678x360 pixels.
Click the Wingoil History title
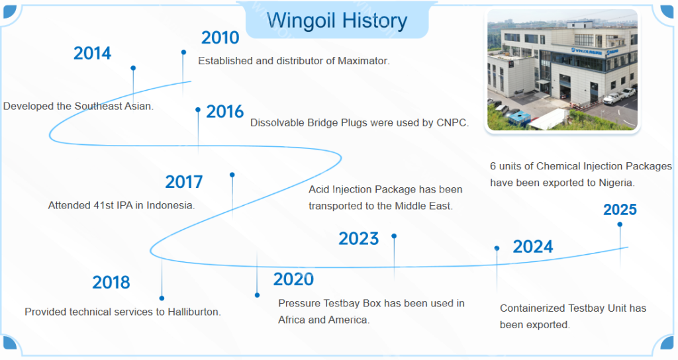click(337, 21)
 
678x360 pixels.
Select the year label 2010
click(220, 38)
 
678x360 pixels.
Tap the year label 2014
click(92, 54)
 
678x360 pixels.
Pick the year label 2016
click(225, 112)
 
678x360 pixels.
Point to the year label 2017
click(184, 182)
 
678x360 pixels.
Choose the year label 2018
click(111, 283)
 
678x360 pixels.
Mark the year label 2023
click(359, 239)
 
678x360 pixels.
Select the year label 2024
click(533, 247)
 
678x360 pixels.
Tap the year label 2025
click(620, 210)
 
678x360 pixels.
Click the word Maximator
click(363, 61)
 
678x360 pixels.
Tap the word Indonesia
click(170, 206)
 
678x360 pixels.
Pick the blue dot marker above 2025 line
click(620, 224)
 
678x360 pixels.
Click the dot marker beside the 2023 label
click(394, 236)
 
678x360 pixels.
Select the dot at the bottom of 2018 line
click(162, 298)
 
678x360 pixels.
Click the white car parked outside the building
click(614, 97)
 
